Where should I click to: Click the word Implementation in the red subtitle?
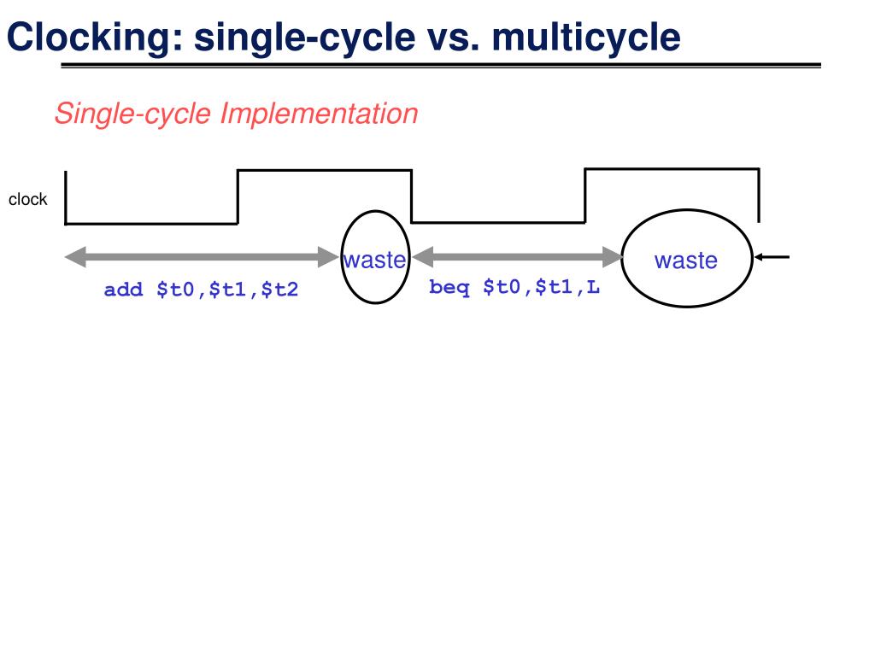point(319,114)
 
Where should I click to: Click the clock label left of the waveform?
point(27,200)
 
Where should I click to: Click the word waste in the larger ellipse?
point(686,261)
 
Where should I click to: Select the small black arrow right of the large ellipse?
point(772,256)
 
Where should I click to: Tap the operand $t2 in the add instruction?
point(279,290)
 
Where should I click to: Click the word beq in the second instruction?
point(449,288)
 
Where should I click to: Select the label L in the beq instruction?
point(593,288)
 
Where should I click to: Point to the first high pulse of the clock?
point(324,171)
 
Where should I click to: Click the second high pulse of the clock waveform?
point(672,169)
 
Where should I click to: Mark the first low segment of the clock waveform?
point(151,223)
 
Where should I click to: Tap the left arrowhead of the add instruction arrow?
point(73,255)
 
